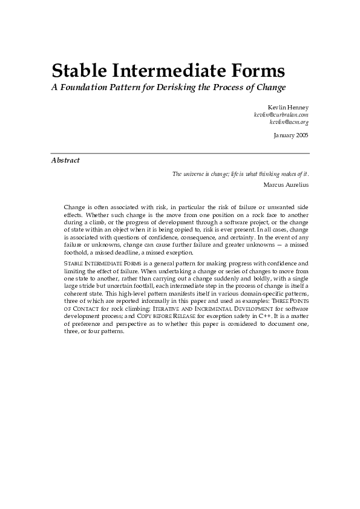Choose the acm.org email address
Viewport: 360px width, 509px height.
tap(289, 122)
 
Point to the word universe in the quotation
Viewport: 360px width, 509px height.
tap(197, 174)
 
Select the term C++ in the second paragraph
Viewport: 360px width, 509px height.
tap(261, 316)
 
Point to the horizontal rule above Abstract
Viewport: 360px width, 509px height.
tap(180, 154)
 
